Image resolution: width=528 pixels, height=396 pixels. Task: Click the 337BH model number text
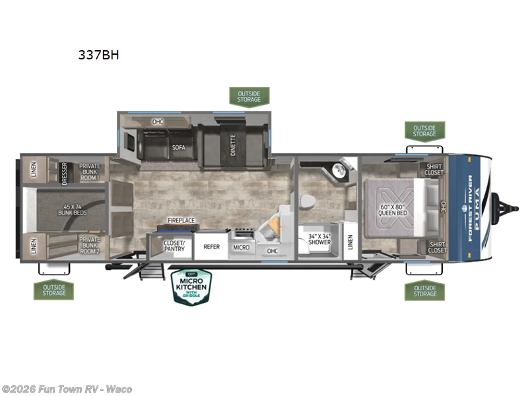tap(98, 55)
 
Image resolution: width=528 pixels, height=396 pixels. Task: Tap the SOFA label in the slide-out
tap(178, 148)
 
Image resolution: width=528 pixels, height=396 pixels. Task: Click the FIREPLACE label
tap(181, 220)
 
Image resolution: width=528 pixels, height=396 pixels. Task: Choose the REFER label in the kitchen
tap(211, 247)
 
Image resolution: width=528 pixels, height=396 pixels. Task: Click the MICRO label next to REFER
tap(241, 247)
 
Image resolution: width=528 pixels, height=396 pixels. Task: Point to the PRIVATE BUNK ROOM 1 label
tap(89, 171)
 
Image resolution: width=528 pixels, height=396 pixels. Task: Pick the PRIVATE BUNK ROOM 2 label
tap(89, 246)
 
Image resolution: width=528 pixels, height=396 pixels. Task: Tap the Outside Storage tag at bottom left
tap(54, 289)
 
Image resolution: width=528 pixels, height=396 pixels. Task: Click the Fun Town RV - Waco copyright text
tap(67, 389)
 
